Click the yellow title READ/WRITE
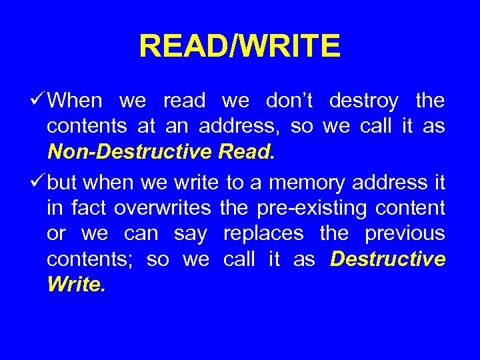tap(239, 47)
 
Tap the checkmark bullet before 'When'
tap(38, 101)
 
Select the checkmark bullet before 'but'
tap(38, 181)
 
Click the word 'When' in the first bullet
tap(75, 101)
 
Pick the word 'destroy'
tap(364, 101)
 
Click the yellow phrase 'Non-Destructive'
tap(129, 153)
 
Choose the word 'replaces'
tap(263, 234)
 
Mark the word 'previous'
tap(405, 234)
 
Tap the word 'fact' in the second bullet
tap(89, 208)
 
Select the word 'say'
tap(190, 234)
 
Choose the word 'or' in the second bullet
tap(57, 234)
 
